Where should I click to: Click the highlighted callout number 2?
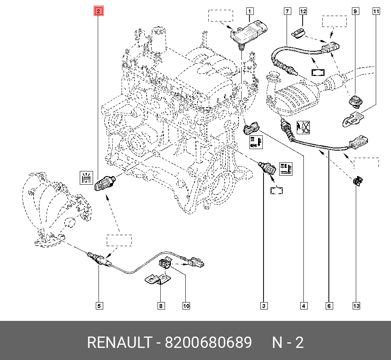99,11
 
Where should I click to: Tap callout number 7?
287,11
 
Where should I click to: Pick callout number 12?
303,11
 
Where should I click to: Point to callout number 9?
355,11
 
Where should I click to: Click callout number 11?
376,11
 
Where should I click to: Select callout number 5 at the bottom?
99,306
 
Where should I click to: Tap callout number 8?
161,306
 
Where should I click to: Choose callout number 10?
186,306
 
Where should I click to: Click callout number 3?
264,306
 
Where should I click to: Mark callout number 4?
303,306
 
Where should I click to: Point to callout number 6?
329,306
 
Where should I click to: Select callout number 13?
356,306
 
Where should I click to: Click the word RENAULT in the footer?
119,343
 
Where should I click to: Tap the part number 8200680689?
208,343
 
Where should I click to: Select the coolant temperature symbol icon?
285,169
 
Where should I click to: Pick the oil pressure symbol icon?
86,178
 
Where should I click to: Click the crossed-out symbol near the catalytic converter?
304,128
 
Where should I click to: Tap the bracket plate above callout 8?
156,281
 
